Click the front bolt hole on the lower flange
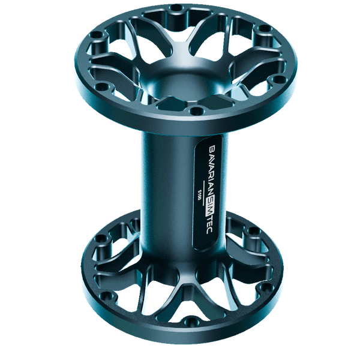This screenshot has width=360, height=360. [x=190, y=323]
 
